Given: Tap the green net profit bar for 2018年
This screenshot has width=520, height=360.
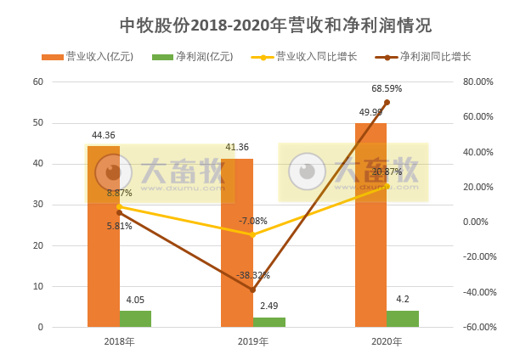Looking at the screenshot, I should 135,318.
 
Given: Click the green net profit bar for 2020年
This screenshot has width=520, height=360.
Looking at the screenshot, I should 403,318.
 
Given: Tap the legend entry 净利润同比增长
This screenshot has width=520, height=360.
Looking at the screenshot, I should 429,57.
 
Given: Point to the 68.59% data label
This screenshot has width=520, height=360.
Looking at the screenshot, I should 387,87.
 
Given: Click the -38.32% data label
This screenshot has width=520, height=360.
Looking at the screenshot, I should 253,275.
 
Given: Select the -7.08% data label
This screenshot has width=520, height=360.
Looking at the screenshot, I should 253,221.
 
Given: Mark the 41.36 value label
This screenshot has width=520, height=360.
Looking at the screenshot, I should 237,147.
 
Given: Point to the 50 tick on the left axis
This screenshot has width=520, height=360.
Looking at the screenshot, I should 37,123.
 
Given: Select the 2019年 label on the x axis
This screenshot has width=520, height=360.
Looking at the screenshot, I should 252,341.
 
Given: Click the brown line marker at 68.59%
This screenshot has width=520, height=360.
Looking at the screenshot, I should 387,102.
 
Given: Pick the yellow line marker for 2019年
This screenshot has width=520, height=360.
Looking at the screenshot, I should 252,234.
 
